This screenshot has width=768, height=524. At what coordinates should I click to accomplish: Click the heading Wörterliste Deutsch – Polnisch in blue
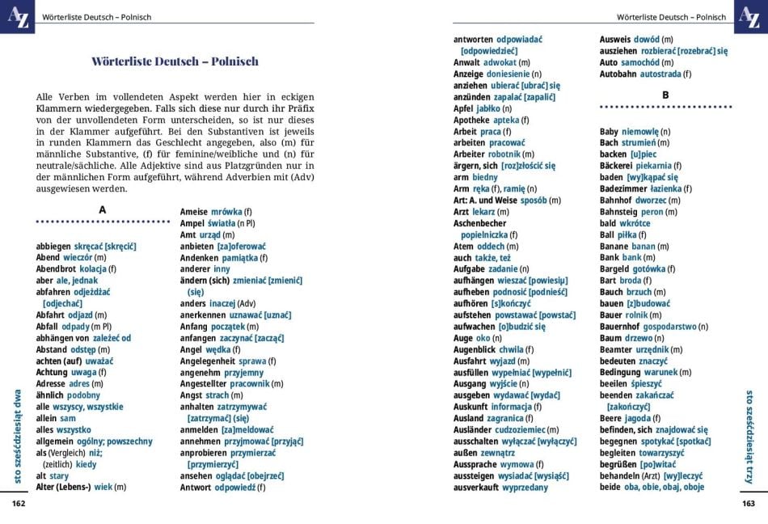pyautogui.click(x=175, y=61)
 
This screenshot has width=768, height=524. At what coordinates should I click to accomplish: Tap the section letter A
pyautogui.click(x=102, y=209)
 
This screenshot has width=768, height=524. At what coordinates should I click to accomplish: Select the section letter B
pyautogui.click(x=665, y=95)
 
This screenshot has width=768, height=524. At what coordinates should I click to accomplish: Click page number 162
pyautogui.click(x=19, y=503)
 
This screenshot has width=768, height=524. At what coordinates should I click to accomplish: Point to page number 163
pyautogui.click(x=749, y=503)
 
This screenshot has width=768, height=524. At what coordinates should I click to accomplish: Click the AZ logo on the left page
pyautogui.click(x=17, y=16)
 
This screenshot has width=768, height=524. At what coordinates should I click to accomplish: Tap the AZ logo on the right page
pyautogui.click(x=750, y=16)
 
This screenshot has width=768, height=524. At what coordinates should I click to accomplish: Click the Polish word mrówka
pyautogui.click(x=226, y=212)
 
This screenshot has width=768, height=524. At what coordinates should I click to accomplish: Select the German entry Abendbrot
pyautogui.click(x=57, y=269)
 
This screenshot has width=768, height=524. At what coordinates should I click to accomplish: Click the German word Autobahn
pyautogui.click(x=618, y=74)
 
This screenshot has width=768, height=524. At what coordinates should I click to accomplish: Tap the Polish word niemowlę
pyautogui.click(x=640, y=131)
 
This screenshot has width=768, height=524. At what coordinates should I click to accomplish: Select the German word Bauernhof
pyautogui.click(x=621, y=326)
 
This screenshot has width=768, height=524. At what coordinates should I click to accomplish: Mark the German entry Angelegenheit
pyautogui.click(x=208, y=361)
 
